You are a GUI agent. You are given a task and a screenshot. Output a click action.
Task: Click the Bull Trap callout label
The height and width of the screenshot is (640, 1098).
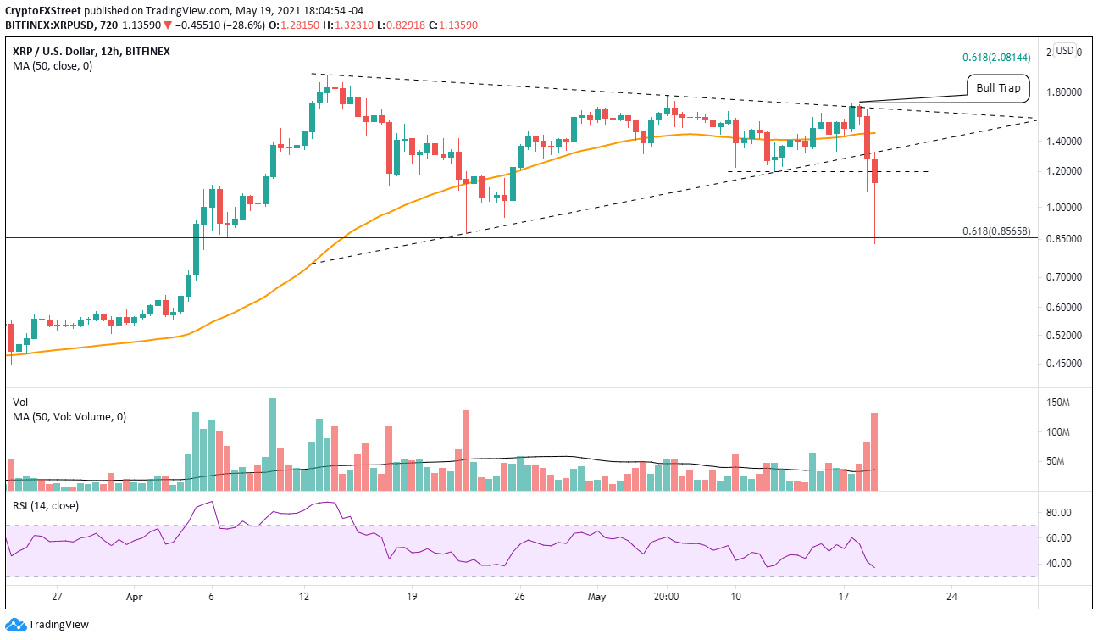point(998,86)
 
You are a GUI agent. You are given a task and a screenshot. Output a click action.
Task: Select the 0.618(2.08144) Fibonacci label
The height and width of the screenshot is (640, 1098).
point(996,58)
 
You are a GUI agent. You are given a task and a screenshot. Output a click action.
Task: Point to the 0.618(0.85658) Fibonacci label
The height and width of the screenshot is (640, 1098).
point(996,231)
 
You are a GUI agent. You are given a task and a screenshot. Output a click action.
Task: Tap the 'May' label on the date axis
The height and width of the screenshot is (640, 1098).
point(598,596)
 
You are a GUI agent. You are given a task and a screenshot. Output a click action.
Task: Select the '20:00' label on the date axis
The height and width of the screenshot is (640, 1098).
point(666,596)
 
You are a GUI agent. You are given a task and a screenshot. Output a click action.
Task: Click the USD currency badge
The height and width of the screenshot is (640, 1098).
point(1065,51)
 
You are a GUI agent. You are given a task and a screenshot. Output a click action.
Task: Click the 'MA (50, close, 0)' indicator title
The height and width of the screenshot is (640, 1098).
point(52,65)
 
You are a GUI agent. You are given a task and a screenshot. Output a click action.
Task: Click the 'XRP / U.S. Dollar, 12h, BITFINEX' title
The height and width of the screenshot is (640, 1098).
point(91,51)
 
